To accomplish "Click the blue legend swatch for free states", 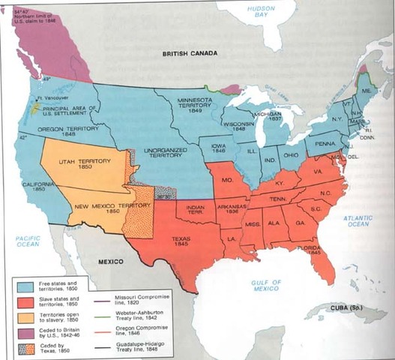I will (25, 285).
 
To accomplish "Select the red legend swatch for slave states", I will (25, 301).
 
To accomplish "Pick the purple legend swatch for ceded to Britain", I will (25, 333).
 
